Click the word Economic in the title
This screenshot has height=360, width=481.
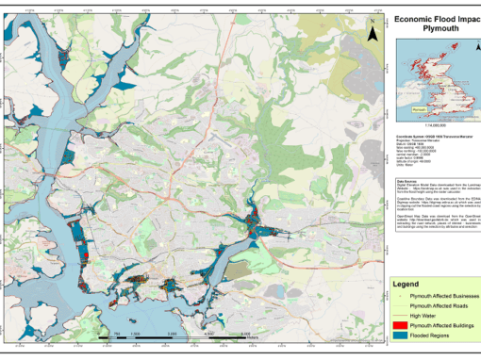point(416,18)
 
